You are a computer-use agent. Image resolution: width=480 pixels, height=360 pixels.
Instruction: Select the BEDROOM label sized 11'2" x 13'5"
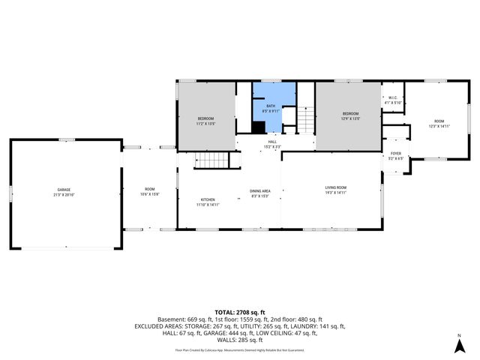click(206, 121)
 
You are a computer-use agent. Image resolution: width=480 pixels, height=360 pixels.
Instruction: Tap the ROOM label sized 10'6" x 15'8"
click(150, 191)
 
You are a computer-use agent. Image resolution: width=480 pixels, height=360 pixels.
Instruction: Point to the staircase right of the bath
click(306, 119)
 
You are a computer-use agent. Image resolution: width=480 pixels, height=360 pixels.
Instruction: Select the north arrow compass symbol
click(458, 344)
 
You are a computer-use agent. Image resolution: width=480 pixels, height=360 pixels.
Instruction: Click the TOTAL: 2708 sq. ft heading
click(239, 312)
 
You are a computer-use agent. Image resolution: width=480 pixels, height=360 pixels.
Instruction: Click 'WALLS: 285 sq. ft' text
click(240, 340)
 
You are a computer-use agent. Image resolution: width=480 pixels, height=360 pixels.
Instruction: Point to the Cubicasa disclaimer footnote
click(239, 349)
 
